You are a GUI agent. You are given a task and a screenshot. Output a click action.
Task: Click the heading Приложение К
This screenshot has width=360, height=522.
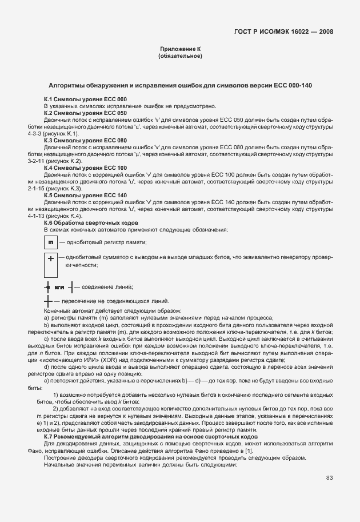click(180, 50)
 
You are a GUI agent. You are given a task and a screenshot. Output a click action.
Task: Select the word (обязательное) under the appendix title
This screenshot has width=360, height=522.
click(180, 57)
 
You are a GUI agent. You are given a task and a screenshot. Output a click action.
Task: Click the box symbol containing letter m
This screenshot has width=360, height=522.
click(50, 242)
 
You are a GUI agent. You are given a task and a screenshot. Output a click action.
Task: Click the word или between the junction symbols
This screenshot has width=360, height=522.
click(59, 287)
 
